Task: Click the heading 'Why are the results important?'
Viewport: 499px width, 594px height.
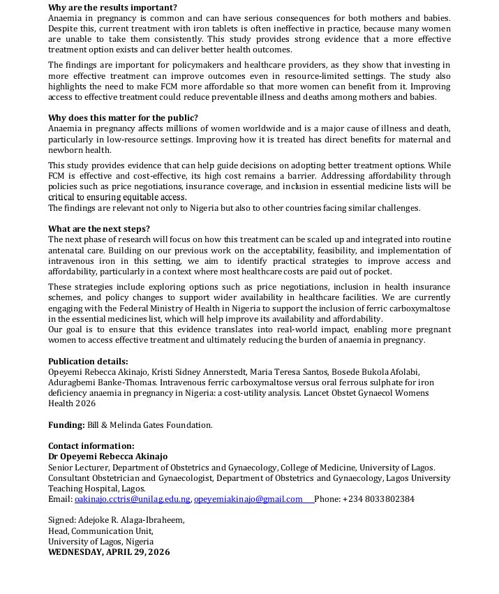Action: [112, 8]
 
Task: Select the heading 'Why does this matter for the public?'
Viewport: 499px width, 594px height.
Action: [123, 118]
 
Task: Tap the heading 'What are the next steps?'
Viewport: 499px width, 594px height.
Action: [98, 229]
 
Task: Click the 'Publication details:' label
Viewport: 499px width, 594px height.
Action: [88, 361]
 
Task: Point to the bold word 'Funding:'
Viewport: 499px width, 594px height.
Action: [66, 424]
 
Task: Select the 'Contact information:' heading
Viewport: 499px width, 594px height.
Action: [91, 446]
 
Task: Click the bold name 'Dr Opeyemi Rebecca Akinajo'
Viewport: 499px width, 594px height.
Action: [107, 456]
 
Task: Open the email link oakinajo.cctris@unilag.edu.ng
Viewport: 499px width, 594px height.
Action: [133, 499]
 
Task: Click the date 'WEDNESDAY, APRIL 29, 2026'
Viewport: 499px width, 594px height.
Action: [109, 552]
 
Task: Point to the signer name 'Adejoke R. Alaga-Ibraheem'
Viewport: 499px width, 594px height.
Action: [133, 520]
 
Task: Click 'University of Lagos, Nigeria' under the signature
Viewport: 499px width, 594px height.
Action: [100, 541]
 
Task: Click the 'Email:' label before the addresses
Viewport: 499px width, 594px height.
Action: [60, 499]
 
